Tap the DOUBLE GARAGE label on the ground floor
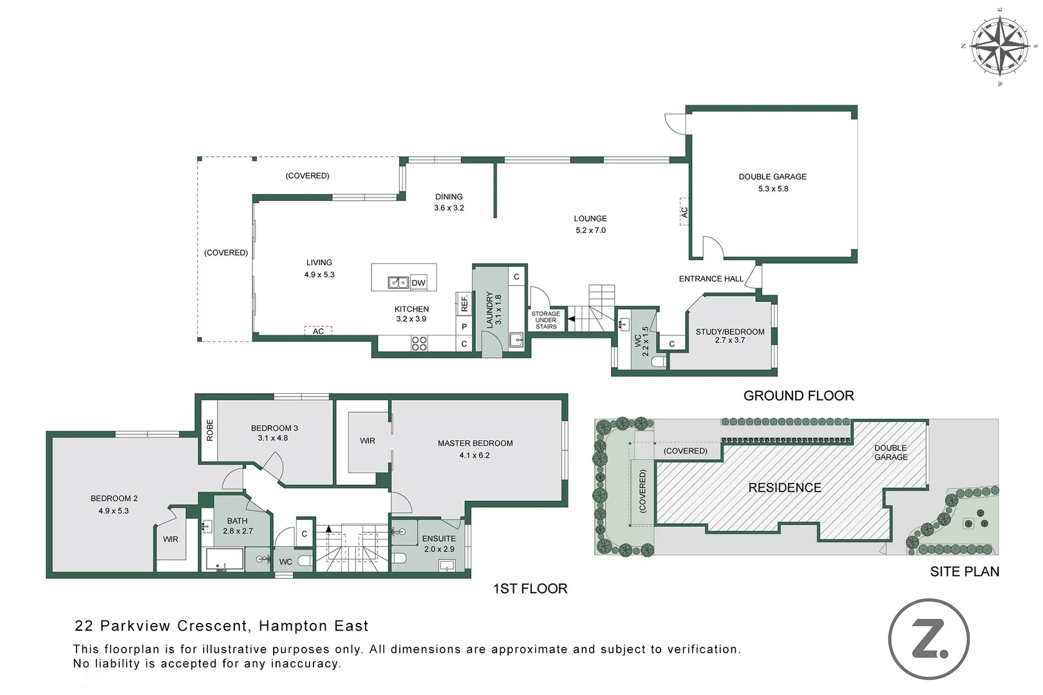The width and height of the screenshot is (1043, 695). [772, 176]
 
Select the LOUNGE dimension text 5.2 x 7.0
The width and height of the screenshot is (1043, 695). [590, 230]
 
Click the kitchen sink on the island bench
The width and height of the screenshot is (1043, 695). [398, 283]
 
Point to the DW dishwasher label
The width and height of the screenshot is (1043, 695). [418, 283]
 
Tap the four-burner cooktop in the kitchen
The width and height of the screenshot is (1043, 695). [419, 343]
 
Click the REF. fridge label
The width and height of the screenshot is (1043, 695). [464, 303]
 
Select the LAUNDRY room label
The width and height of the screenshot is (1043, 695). [489, 310]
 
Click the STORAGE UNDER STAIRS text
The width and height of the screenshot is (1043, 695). [546, 320]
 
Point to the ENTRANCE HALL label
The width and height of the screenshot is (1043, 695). [711, 279]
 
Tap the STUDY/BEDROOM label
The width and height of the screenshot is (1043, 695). [729, 332]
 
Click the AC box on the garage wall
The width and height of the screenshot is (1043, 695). [684, 212]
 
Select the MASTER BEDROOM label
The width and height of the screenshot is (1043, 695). [475, 443]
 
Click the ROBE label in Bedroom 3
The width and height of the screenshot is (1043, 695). [209, 430]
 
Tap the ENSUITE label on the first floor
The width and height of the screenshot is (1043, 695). [438, 539]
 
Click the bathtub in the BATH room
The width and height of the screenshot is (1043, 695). [224, 559]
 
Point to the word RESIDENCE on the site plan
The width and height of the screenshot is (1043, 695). [784, 488]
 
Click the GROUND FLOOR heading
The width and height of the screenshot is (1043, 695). [798, 396]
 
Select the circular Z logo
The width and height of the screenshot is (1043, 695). [928, 639]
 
